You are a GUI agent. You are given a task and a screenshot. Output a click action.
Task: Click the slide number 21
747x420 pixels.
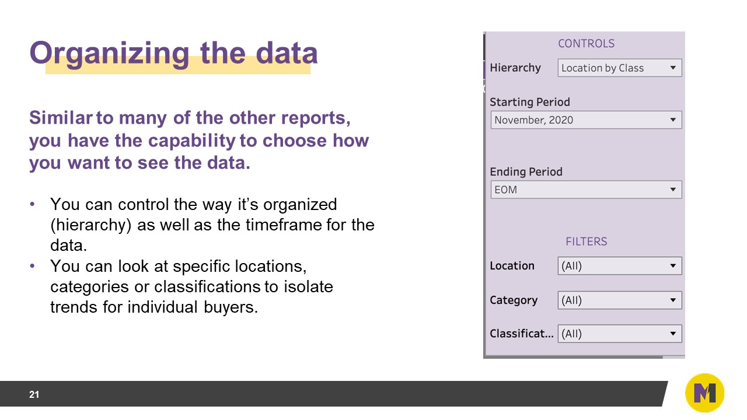(34, 395)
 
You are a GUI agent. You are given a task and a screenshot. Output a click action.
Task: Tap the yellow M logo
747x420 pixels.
(704, 393)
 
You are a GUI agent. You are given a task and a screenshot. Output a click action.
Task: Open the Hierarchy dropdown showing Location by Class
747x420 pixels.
(619, 68)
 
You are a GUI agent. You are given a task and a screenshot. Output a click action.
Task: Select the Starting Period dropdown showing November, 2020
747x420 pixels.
(586, 120)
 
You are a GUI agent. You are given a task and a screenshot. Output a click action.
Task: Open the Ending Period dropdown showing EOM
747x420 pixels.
(586, 190)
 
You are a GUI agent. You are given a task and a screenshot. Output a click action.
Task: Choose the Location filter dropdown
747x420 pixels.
(619, 266)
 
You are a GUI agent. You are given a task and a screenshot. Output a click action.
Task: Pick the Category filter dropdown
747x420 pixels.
(619, 300)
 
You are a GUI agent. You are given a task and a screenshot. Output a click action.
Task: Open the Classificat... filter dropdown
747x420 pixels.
(619, 334)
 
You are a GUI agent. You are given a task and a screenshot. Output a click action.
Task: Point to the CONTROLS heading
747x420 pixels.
(586, 44)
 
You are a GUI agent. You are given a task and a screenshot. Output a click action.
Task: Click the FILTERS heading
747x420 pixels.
(586, 242)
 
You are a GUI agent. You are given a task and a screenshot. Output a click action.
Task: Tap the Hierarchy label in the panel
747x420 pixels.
(515, 68)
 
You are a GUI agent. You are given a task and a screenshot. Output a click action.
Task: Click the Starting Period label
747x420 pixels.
(529, 102)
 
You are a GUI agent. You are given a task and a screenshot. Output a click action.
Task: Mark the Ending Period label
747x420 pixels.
(526, 172)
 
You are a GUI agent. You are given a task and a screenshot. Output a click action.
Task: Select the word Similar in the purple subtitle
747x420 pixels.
(61, 118)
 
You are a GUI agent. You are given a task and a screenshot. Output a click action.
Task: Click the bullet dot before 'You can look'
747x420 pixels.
(33, 267)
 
